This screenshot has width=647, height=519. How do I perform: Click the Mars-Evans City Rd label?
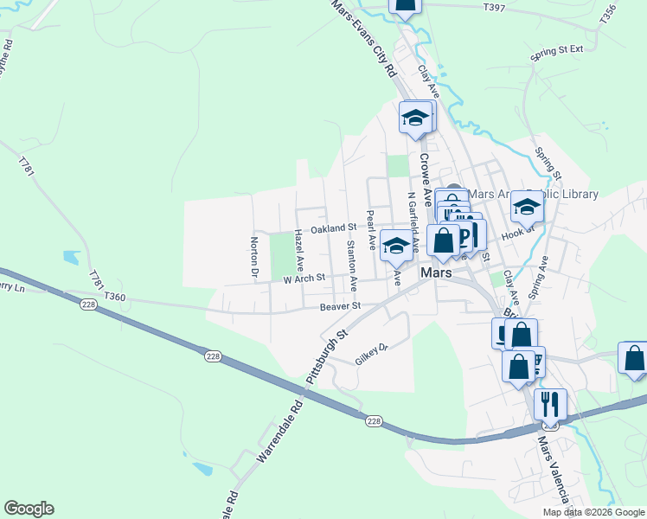click(365, 39)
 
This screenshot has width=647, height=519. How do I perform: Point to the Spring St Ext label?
click(558, 51)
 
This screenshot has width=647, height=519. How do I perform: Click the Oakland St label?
click(334, 228)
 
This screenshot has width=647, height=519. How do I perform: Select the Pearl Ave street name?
click(371, 230)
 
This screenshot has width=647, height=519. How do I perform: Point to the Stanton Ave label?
click(351, 265)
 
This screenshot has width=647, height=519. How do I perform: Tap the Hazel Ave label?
click(299, 247)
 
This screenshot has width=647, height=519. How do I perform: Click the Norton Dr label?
click(254, 259)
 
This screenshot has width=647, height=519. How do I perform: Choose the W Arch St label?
click(303, 279)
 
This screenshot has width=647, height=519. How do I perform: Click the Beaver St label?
click(339, 306)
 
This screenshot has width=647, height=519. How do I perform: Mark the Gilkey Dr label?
click(374, 354)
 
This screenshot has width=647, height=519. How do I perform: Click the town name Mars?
click(437, 272)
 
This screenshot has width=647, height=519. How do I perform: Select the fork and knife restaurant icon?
click(550, 404)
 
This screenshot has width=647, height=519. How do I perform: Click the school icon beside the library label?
click(527, 207)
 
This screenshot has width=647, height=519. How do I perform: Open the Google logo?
click(29, 509)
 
